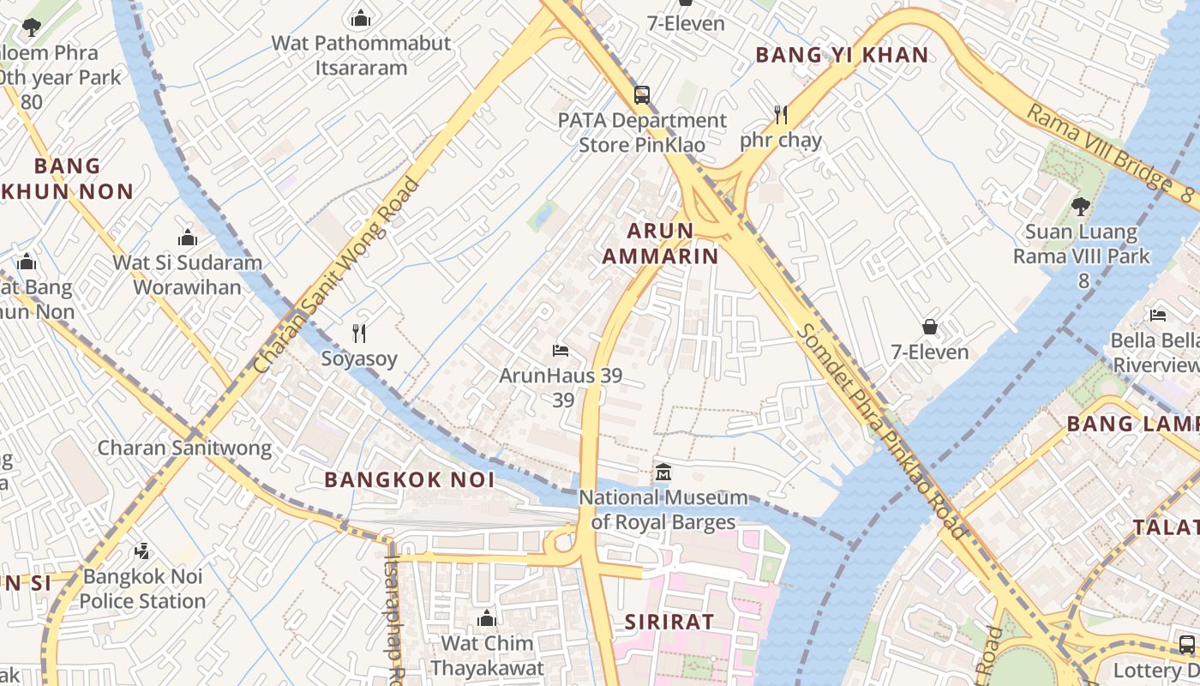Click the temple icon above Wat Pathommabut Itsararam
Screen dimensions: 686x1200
click(361, 17)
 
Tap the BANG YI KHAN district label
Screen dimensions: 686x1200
click(841, 55)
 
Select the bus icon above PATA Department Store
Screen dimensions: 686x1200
click(642, 94)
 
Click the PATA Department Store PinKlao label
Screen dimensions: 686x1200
click(642, 133)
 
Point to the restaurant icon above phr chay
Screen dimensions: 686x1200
click(780, 114)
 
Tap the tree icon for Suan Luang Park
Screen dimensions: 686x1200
click(1081, 206)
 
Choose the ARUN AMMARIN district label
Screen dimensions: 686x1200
click(659, 243)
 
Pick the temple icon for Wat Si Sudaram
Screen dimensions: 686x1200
click(187, 238)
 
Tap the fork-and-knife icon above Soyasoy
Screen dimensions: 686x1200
click(359, 333)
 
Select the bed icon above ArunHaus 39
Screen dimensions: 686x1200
click(561, 351)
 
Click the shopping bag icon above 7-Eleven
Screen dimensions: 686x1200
click(929, 327)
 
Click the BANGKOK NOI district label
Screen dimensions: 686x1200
click(409, 480)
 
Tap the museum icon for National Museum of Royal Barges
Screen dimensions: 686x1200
click(663, 472)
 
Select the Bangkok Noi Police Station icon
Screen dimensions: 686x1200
click(143, 551)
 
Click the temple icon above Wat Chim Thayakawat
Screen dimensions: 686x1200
click(487, 618)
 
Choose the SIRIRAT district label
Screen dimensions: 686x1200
click(669, 622)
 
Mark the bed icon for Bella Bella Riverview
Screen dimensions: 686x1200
click(1158, 315)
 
